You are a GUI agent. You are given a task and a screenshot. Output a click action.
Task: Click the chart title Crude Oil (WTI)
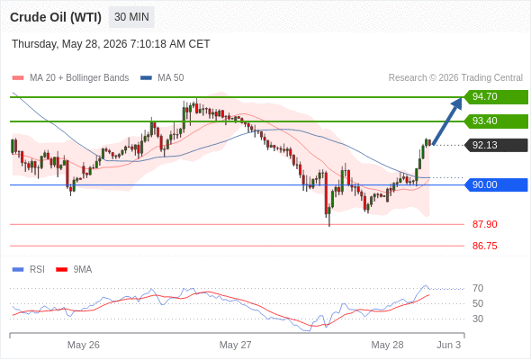coord(56,17)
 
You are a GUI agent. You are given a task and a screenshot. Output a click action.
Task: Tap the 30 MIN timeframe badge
coord(131,17)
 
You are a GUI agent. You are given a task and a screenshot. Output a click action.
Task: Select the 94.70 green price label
coord(496,97)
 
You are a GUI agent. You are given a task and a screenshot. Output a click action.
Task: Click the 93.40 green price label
coord(496,121)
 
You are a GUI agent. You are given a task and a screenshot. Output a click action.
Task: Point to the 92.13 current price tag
coord(496,145)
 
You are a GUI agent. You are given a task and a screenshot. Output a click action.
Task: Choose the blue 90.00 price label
coord(496,184)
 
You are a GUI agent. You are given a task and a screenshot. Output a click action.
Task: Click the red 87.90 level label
coord(484,224)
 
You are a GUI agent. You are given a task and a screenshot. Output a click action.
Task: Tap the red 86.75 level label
coord(484,246)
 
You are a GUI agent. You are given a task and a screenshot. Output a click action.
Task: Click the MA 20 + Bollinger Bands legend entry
coord(70,78)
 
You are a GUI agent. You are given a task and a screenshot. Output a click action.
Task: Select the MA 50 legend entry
coord(162,78)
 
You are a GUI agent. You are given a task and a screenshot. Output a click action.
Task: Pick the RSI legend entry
coord(29,270)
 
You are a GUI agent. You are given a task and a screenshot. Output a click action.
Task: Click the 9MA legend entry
coord(74,270)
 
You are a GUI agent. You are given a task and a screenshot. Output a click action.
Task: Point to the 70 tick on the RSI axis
coord(478,288)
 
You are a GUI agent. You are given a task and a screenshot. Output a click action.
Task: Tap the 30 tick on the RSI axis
coord(478,319)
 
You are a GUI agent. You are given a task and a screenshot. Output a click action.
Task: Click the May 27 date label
coord(236,345)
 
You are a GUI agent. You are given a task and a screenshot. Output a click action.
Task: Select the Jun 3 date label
coord(449,345)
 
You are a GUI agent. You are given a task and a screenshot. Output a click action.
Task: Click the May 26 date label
coord(84,345)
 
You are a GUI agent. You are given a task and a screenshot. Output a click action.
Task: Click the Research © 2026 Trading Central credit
coord(455,78)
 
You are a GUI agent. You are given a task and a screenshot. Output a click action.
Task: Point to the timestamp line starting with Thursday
coord(111,44)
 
